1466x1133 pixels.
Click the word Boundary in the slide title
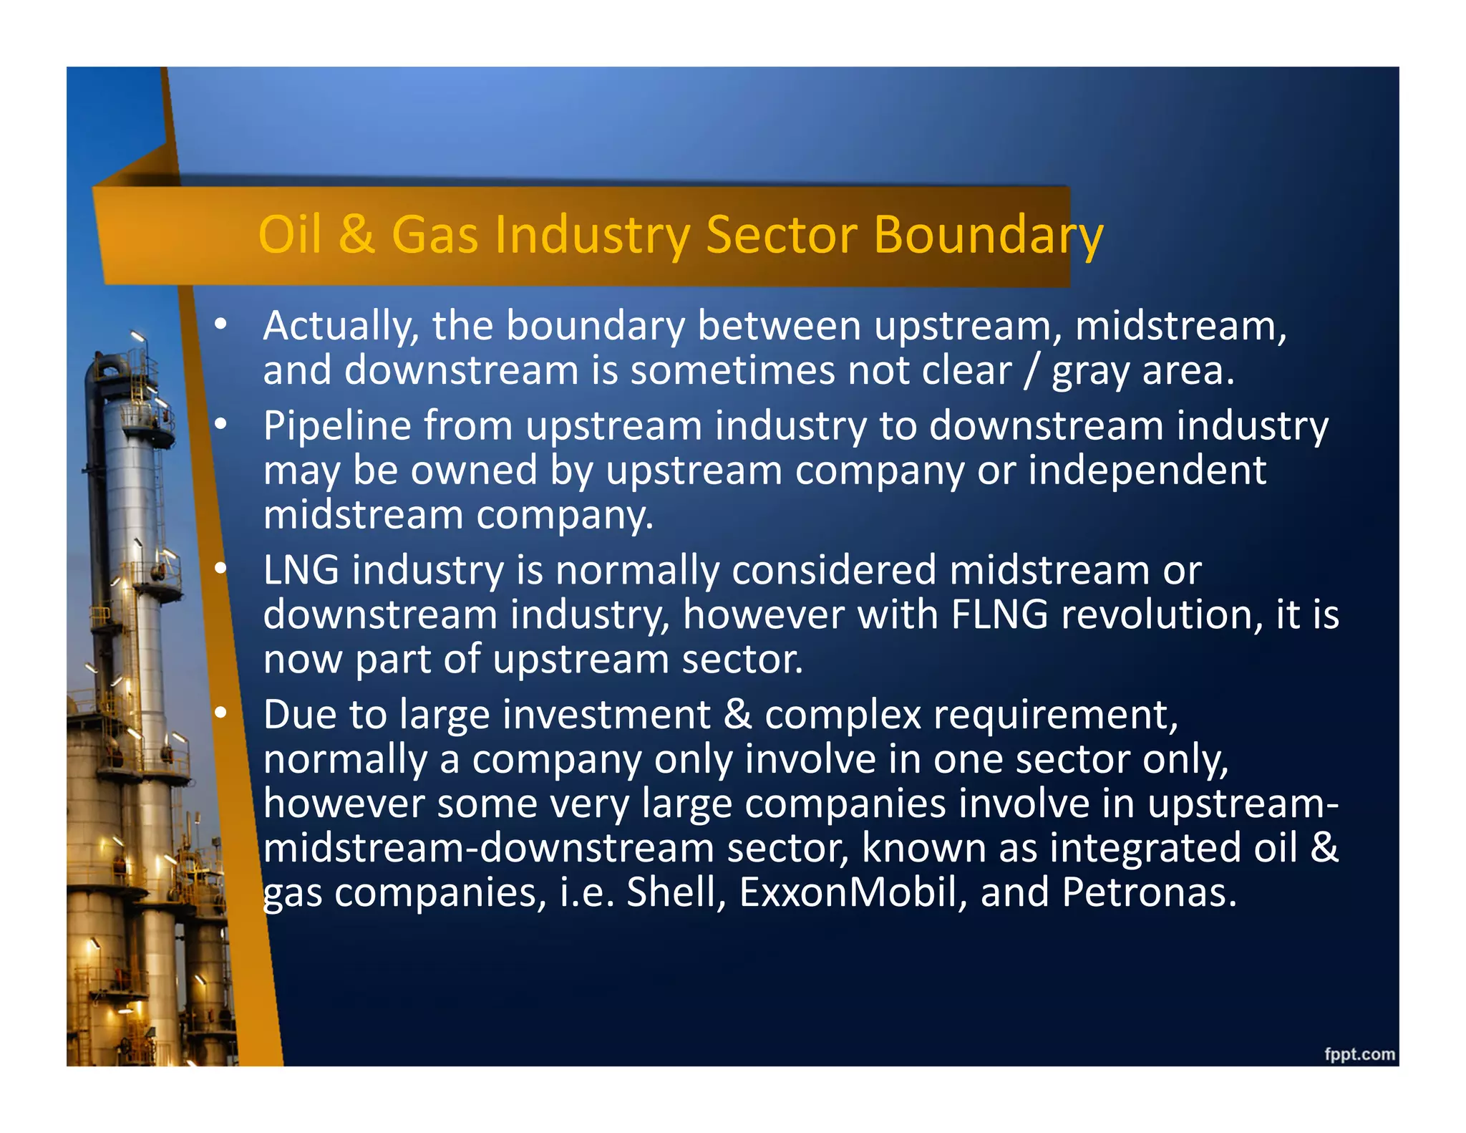[988, 235]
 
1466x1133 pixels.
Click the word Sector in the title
[782, 235]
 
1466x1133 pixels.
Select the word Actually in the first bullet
[341, 327]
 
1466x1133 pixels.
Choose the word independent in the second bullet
[1147, 471]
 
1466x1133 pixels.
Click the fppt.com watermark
[1359, 1054]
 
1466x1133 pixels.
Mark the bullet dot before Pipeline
[220, 425]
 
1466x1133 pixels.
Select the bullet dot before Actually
[220, 325]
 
